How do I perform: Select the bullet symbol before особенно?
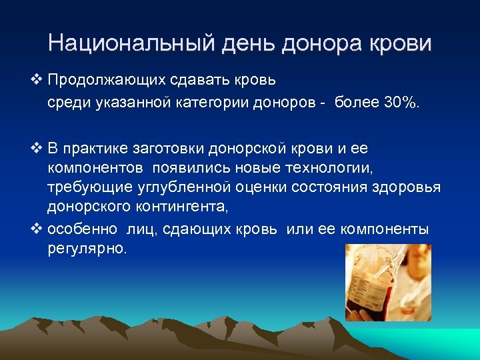coord(37,229)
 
